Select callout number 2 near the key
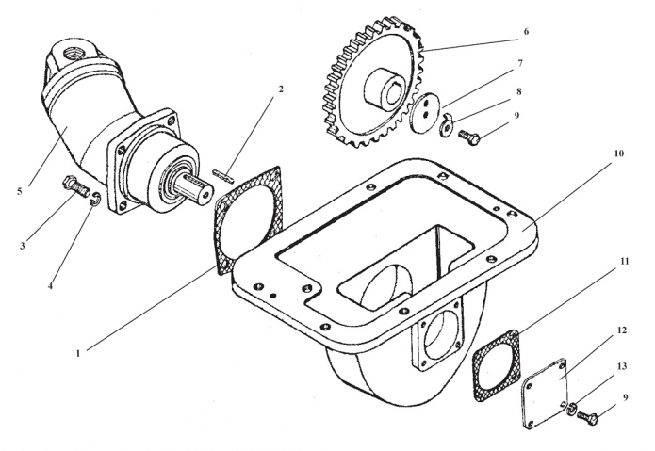click(x=280, y=89)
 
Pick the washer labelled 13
click(x=573, y=406)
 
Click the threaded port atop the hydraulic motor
click(x=74, y=44)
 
